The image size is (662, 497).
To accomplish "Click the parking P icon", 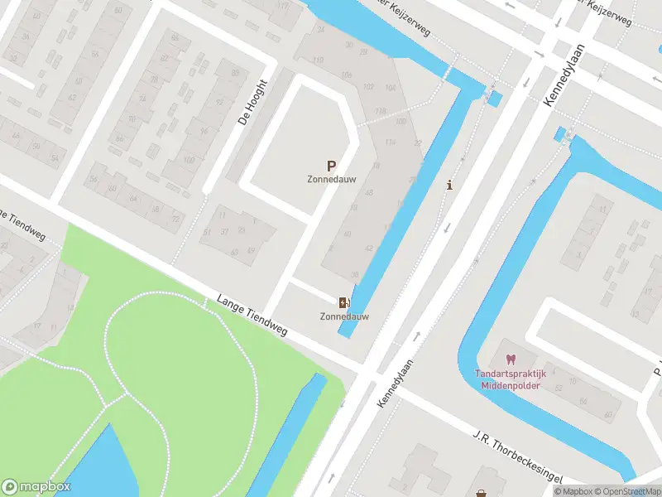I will point(332,166).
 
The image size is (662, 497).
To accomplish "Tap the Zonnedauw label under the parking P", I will point(332,180).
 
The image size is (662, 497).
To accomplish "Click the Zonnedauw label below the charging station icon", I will point(345,316).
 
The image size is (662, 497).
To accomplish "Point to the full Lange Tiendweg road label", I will point(252,316).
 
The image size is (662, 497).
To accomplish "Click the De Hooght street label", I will point(252,101).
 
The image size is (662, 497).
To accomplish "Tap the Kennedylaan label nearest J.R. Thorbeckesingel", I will point(394,381).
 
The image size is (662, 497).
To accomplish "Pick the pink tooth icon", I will point(510,360).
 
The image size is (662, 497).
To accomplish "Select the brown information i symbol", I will point(449,185).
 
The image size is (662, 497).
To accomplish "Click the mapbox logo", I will point(36,486).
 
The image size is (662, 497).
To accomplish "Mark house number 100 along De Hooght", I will point(189,159).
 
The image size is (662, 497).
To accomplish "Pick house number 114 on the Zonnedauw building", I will point(389,142).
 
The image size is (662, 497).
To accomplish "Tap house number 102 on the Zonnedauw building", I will point(368,87).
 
